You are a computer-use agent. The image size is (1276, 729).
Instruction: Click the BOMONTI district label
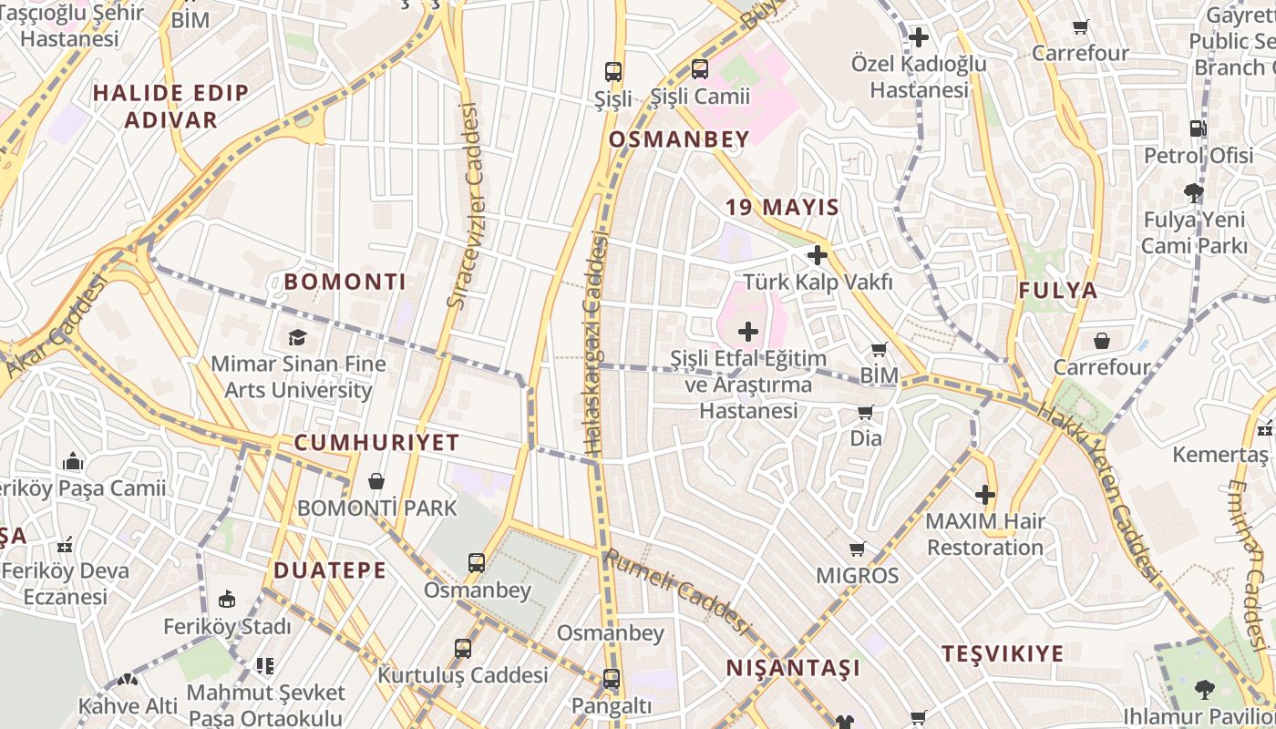(345, 282)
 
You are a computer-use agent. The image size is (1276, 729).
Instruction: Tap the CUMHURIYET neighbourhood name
(376, 443)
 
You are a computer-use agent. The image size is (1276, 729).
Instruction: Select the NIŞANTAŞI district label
(793, 668)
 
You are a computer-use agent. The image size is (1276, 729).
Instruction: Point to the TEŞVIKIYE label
(1003, 653)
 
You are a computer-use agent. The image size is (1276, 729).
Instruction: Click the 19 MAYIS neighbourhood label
(782, 207)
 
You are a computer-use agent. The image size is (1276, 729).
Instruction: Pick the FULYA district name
(1057, 291)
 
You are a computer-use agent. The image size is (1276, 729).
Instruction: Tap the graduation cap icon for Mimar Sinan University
(298, 338)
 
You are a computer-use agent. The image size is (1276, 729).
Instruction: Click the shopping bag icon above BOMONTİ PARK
(376, 481)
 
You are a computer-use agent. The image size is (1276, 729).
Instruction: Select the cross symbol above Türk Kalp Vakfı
(817, 255)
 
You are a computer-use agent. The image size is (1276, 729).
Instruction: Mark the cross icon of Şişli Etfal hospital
(748, 331)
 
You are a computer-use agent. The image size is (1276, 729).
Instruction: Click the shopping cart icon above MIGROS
(857, 549)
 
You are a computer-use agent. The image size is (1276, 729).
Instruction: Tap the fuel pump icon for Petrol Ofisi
(1198, 128)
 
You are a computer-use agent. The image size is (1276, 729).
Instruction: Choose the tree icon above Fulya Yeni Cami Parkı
(1193, 192)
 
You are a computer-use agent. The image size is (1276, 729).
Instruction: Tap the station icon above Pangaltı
(611, 679)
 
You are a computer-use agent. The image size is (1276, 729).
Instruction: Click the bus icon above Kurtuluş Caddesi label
(463, 649)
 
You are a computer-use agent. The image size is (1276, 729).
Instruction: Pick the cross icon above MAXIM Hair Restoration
(984, 495)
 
